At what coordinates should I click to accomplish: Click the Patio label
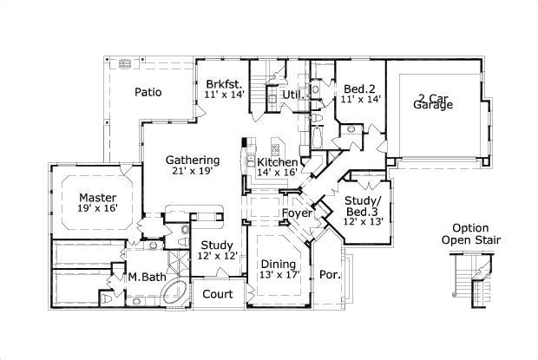148,92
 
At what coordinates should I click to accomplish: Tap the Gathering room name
193,160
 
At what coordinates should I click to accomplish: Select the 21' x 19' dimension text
194,171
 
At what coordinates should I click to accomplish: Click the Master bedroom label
98,198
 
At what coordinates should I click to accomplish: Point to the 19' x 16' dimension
98,208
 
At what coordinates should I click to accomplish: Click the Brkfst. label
225,84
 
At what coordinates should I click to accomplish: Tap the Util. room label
293,95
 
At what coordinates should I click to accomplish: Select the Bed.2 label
359,89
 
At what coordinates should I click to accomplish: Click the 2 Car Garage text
433,101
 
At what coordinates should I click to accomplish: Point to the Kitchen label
278,162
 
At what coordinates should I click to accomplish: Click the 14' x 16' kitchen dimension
277,172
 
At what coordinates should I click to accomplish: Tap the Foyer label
297,213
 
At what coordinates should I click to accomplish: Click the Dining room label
279,264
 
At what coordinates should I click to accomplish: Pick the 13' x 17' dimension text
280,275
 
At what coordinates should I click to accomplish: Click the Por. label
331,275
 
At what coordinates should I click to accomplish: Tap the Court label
218,294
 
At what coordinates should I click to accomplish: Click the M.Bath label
148,277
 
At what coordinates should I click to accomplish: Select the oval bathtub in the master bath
174,292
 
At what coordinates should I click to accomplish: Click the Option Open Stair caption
470,234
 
